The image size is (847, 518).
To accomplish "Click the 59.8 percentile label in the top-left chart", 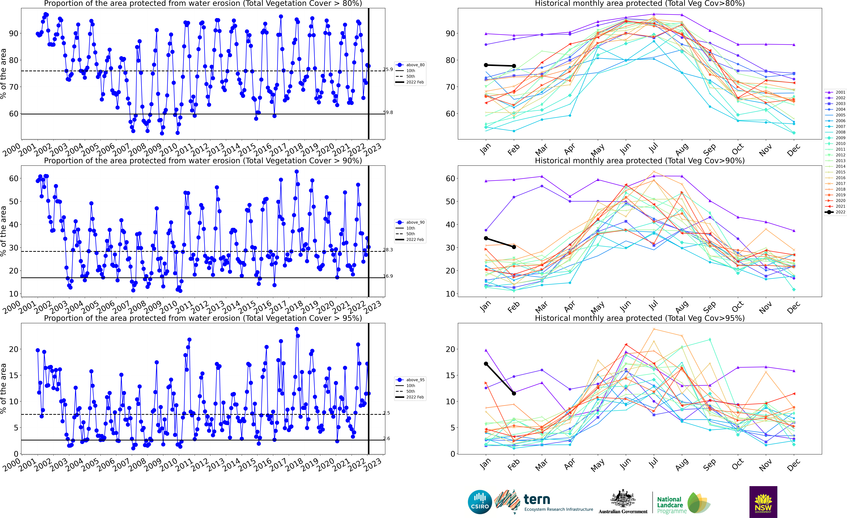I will point(388,112).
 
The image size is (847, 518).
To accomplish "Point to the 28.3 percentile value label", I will point(388,250).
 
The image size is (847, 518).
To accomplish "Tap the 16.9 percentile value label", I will point(388,276).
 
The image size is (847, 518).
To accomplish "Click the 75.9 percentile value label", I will point(388,69).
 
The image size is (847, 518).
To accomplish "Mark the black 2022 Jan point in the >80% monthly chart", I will point(486,65).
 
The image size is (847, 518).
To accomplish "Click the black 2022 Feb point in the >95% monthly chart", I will point(514,393).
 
